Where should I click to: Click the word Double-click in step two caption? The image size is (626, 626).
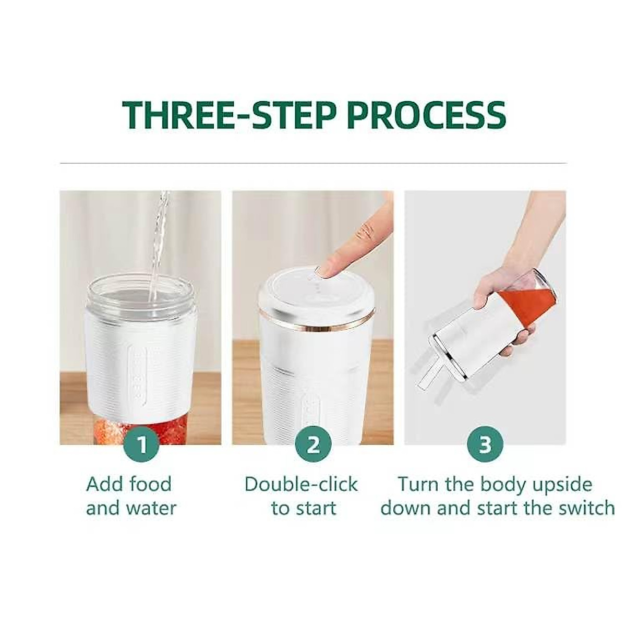pyautogui.click(x=301, y=484)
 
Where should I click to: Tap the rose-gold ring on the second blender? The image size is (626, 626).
pyautogui.click(x=317, y=323)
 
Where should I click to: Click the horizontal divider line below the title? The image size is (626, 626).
pyautogui.click(x=313, y=163)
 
